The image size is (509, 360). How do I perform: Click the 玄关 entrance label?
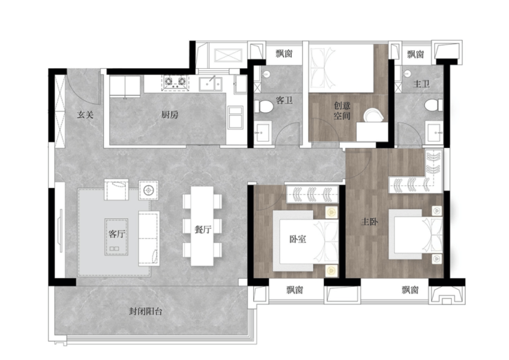tap(85, 114)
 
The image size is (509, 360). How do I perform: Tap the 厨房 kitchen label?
tap(170, 114)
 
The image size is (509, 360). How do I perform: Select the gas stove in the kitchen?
tap(175, 81)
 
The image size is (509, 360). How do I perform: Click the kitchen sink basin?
tap(210, 83)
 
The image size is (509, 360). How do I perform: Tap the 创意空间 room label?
tap(343, 110)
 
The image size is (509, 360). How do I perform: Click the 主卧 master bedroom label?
tap(370, 222)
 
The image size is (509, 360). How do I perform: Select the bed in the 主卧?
tap(415, 234)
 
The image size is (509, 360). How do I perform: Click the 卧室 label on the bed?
tap(298, 239)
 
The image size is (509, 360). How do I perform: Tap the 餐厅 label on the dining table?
tap(203, 229)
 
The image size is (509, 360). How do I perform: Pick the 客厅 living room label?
tap(117, 233)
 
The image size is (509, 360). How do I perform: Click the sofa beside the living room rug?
tap(149, 238)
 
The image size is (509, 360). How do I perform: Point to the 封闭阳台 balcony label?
tap(145, 311)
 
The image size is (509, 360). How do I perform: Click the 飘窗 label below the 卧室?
tap(295, 290)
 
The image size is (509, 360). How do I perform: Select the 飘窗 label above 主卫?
tap(415, 54)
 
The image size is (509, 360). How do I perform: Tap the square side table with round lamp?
tap(149, 190)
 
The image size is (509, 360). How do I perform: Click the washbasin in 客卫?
tap(263, 131)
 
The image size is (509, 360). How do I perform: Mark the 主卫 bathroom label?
tap(422, 84)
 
